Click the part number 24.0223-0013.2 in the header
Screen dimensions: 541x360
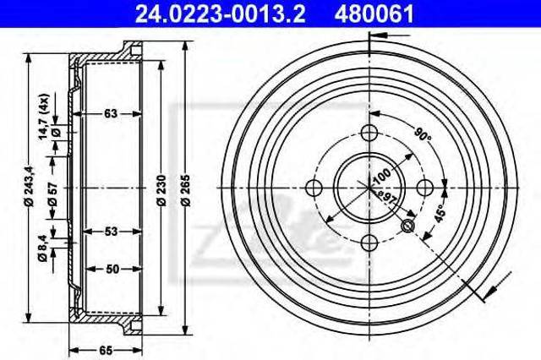(x=220, y=14)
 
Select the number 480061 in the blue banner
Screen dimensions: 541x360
(x=374, y=14)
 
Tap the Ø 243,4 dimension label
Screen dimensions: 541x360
(x=30, y=186)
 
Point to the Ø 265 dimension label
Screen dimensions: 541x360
(x=186, y=190)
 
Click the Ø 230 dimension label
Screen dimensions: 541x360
(x=161, y=190)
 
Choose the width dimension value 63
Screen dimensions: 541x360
(x=111, y=113)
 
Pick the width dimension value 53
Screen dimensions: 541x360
(x=112, y=232)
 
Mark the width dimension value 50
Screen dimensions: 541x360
(x=112, y=269)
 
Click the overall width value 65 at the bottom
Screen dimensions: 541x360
(x=106, y=351)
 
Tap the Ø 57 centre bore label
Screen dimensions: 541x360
(x=53, y=194)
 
